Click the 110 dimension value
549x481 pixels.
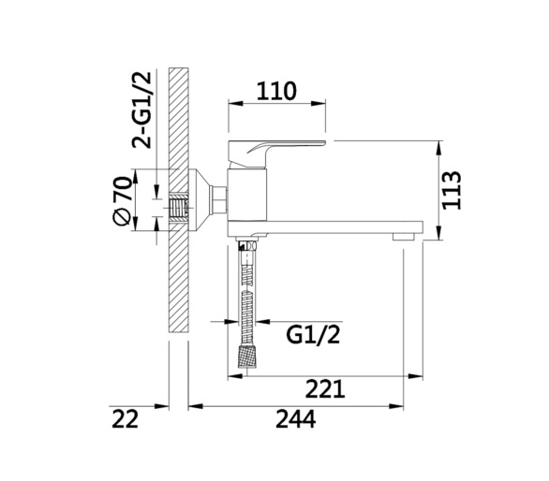[276, 91]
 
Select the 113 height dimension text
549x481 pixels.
[452, 190]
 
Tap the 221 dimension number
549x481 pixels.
[325, 389]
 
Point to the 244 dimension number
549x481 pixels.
[295, 419]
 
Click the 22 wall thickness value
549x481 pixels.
[125, 419]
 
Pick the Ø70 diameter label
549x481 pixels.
[123, 201]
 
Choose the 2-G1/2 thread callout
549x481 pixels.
[141, 109]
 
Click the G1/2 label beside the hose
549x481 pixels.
[313, 335]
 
